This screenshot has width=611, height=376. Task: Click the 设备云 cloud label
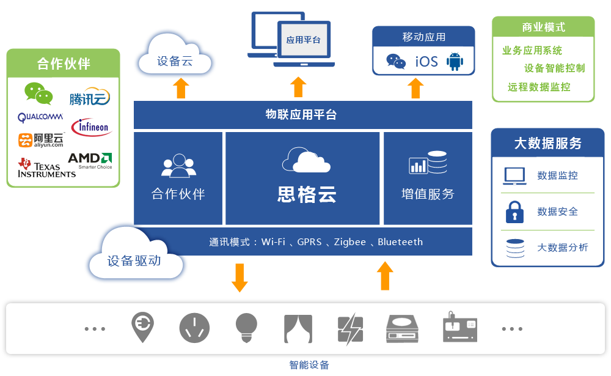pos(175,61)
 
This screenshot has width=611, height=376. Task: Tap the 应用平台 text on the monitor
pos(303,40)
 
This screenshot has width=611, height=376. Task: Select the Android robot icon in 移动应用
pos(455,61)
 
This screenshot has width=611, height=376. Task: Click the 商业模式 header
pos(543,27)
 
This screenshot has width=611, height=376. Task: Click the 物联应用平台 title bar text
pos(302,114)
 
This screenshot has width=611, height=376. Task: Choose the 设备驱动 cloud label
pos(134,260)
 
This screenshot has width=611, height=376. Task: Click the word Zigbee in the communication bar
pos(349,241)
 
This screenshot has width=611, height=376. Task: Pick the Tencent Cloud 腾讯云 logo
pos(89,95)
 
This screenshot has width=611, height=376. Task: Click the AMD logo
pos(89,160)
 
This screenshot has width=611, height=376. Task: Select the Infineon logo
pos(92,127)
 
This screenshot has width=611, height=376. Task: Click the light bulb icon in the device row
pos(246,328)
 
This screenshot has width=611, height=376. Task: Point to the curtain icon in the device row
pos(298,329)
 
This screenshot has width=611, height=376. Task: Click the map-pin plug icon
pos(143,327)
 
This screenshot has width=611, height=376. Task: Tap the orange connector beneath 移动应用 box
pos(415,87)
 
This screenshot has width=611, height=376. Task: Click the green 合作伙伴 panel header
pos(63,64)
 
